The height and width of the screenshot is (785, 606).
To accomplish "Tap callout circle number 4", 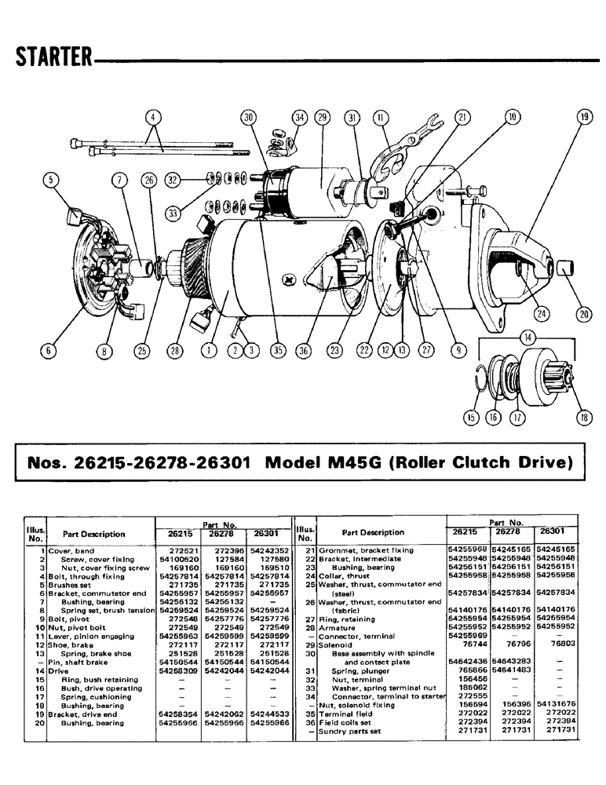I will pos(153,119).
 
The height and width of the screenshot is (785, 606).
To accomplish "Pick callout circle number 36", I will pos(303,352).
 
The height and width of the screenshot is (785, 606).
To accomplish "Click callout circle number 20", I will pos(583,314).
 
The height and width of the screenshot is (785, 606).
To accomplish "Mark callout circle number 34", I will pos(299,119).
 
